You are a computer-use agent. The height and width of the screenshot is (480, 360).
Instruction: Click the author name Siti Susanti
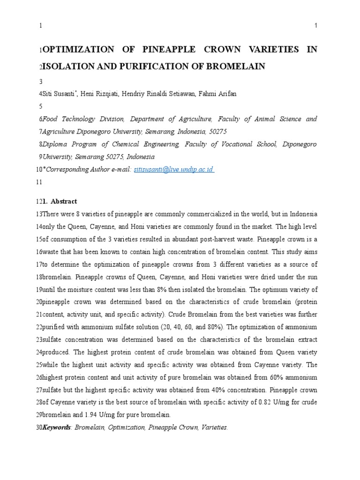pyautogui.click(x=59, y=94)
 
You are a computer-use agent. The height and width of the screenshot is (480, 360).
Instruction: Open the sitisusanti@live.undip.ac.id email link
pyautogui.click(x=174, y=170)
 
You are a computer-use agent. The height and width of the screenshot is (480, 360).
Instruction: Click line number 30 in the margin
pyautogui.click(x=39, y=427)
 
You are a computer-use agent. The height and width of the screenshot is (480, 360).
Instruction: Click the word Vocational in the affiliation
pyautogui.click(x=233, y=144)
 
